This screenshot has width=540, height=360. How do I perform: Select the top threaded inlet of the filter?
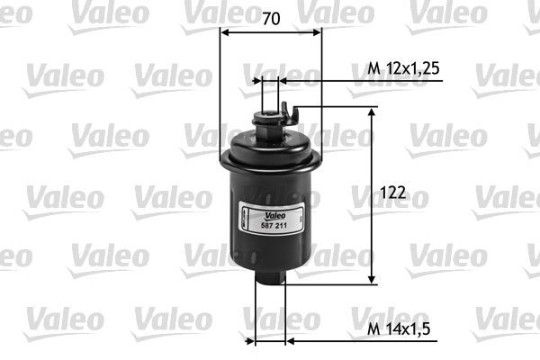269,113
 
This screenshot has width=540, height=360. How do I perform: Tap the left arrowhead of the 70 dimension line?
225,32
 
